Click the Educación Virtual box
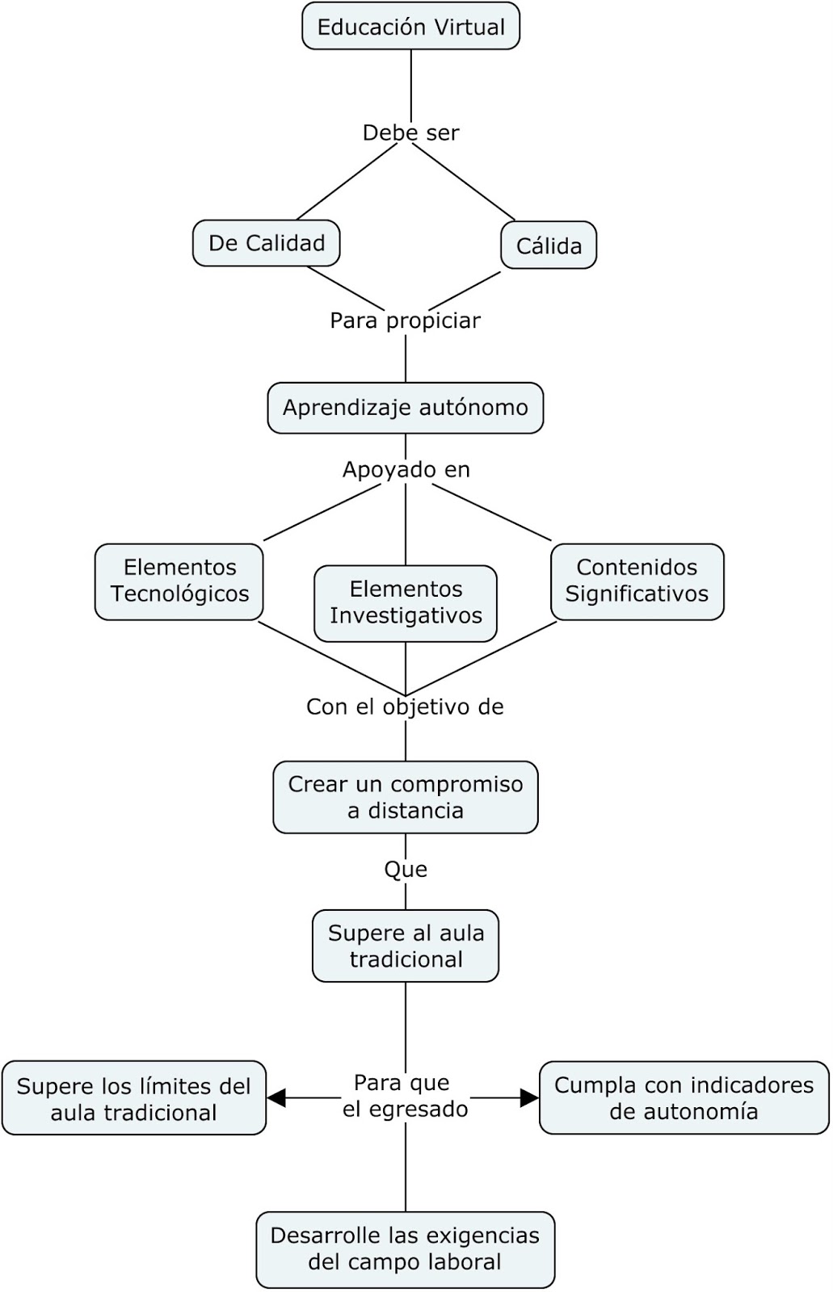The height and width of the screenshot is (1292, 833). pyautogui.click(x=410, y=27)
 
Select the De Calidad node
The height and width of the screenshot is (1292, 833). pyautogui.click(x=266, y=243)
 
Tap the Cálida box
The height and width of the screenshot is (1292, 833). pyautogui.click(x=549, y=245)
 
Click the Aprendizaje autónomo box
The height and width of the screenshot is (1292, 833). pyautogui.click(x=405, y=408)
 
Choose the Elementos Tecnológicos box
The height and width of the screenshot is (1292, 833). pyautogui.click(x=179, y=581)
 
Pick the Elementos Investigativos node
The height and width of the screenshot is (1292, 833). pyautogui.click(x=406, y=603)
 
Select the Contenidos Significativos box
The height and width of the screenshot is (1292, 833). pyautogui.click(x=637, y=581)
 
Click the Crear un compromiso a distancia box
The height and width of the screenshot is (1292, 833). pyautogui.click(x=405, y=797)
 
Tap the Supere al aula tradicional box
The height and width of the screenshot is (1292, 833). pyautogui.click(x=406, y=946)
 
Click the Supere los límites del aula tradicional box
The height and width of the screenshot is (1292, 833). pyautogui.click(x=133, y=1098)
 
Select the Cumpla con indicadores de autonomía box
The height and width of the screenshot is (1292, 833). pyautogui.click(x=684, y=1097)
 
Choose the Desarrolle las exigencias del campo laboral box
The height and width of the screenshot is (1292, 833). pyautogui.click(x=405, y=1248)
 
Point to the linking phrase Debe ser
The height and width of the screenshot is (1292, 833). pyautogui.click(x=410, y=132)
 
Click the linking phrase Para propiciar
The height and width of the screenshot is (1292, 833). pyautogui.click(x=405, y=321)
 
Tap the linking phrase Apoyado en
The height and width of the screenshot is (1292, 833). pyautogui.click(x=406, y=469)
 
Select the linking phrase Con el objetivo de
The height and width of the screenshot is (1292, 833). pyautogui.click(x=405, y=707)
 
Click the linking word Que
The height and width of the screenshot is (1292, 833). pyautogui.click(x=406, y=870)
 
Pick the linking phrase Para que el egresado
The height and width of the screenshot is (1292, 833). pyautogui.click(x=405, y=1096)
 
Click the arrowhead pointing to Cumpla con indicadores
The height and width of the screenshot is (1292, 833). pyautogui.click(x=530, y=1097)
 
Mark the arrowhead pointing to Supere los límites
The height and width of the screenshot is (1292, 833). pyautogui.click(x=276, y=1097)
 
